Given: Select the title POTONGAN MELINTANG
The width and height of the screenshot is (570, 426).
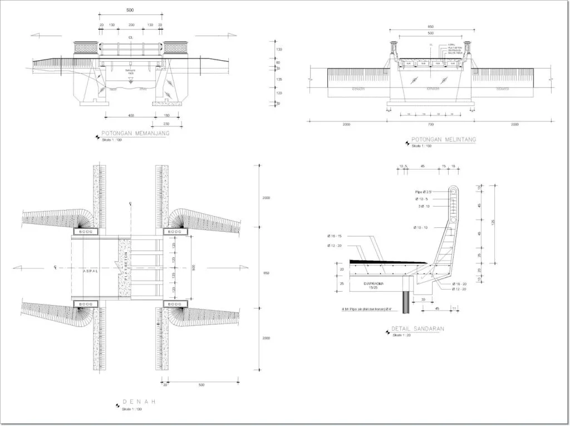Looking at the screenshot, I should point(443,140).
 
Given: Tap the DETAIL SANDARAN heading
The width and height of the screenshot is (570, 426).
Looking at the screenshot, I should point(417,329).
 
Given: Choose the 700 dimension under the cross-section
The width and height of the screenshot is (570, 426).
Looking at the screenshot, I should point(431,124).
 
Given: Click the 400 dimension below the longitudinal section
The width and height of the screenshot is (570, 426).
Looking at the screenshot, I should point(131,115).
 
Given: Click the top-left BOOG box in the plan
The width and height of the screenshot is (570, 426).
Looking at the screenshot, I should point(85,231).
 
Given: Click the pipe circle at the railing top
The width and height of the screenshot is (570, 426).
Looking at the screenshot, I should point(454,192).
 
